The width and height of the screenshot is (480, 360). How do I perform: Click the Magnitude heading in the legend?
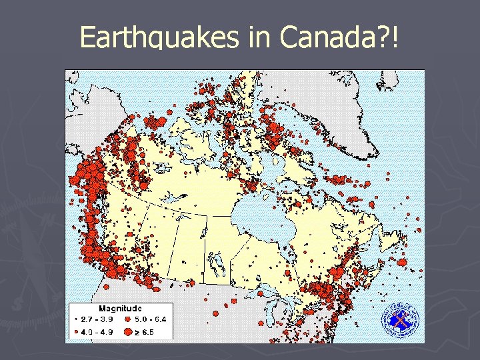pos(120,309)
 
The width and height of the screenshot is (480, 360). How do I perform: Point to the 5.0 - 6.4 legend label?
pos(151,319)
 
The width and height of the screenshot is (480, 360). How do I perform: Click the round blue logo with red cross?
pos(400,319)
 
